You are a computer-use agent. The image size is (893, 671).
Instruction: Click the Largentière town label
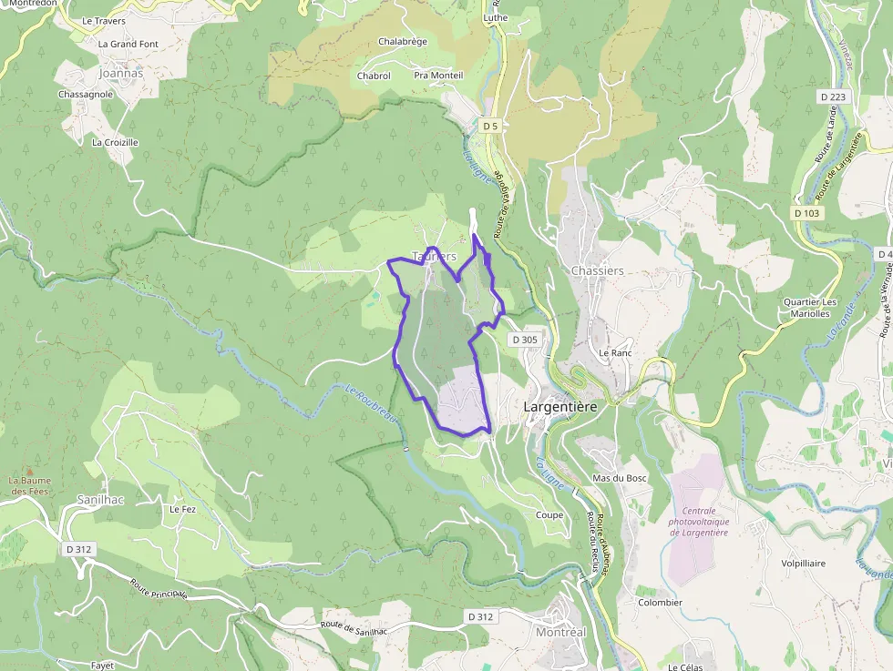[x=560, y=407]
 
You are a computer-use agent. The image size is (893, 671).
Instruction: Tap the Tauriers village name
[x=434, y=257]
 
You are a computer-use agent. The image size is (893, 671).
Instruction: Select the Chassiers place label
[x=597, y=270]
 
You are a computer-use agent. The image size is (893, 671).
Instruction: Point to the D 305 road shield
[x=525, y=340]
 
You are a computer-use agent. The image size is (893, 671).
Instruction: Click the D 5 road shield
[x=490, y=125]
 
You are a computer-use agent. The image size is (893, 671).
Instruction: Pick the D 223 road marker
[x=832, y=97]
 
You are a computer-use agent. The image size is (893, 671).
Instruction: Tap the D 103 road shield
[x=806, y=212]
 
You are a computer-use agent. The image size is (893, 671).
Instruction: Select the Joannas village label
[x=120, y=72]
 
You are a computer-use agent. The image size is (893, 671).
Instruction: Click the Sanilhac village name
[x=99, y=501]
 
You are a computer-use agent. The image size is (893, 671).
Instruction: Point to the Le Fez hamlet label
[x=182, y=510]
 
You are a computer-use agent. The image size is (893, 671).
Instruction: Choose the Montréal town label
[x=560, y=632]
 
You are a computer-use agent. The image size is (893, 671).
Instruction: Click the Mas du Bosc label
[x=619, y=478]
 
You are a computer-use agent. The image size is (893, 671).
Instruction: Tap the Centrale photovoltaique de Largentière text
[x=698, y=521]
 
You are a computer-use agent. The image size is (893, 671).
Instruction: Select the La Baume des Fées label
[x=31, y=485]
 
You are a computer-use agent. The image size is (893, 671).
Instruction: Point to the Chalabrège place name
[x=402, y=42]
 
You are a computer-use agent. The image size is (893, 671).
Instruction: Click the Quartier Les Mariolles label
[x=810, y=308]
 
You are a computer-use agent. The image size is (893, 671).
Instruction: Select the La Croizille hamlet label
[x=115, y=142]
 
